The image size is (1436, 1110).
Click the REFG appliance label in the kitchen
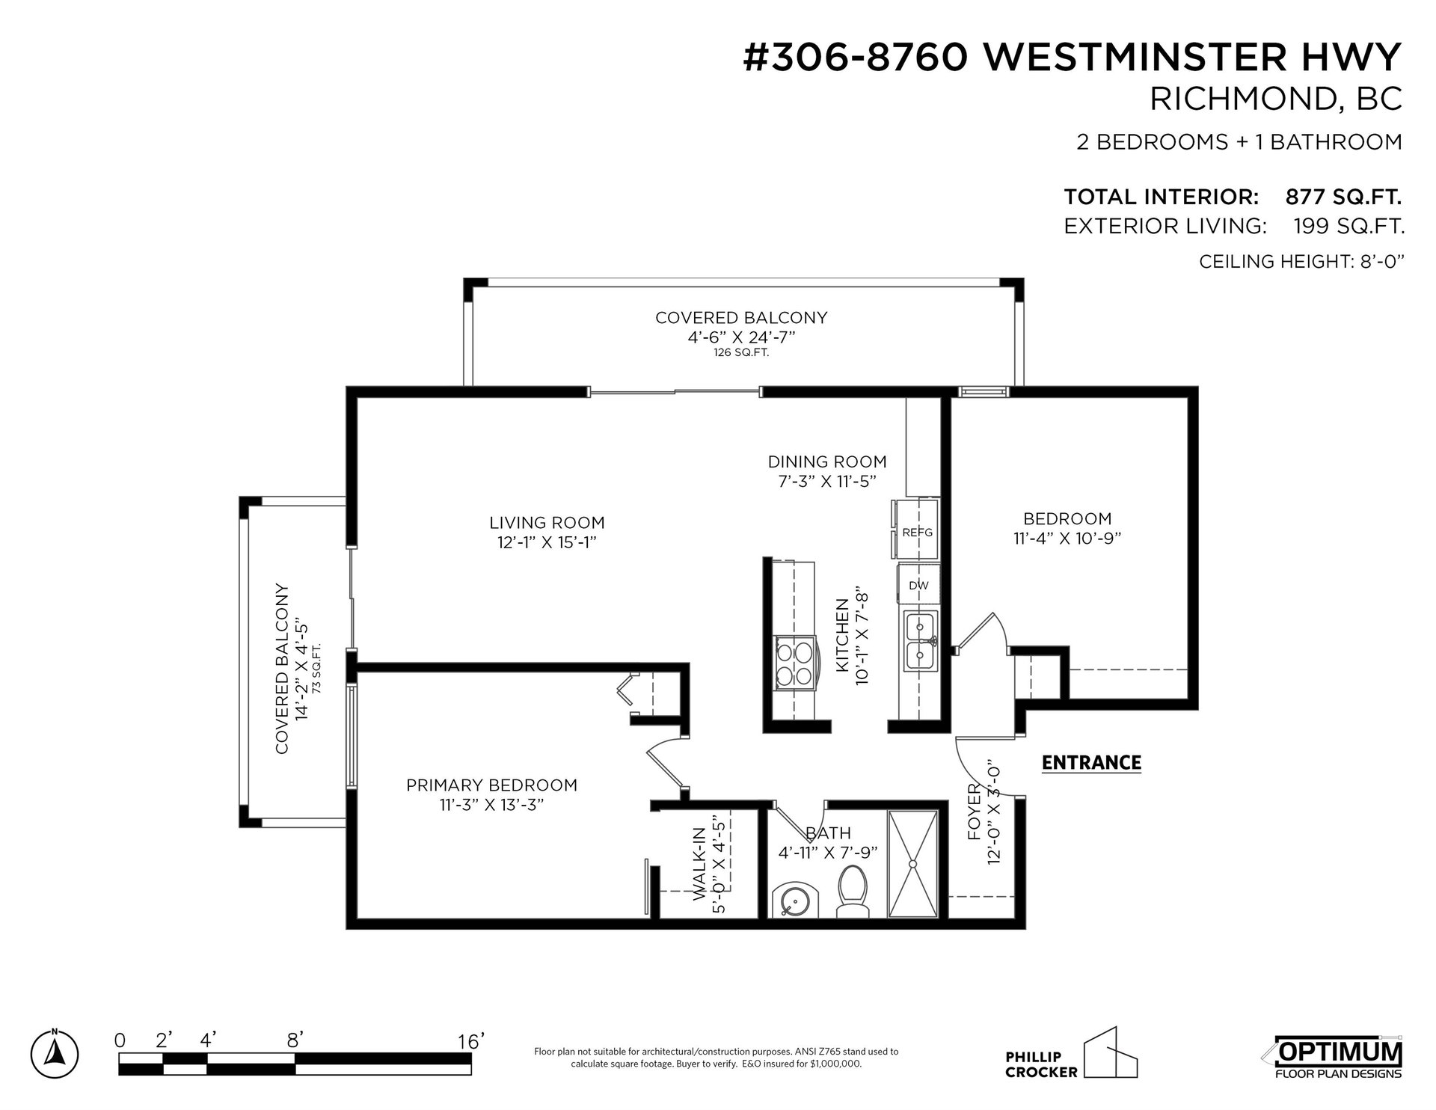point(918,533)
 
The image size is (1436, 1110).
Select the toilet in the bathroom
point(850,892)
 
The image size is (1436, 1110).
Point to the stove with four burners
point(794,661)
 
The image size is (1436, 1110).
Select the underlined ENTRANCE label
point(1091,763)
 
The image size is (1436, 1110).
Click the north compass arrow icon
point(55,1053)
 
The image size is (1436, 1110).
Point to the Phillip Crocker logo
point(1071,1054)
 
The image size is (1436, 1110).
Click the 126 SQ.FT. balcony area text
point(741,353)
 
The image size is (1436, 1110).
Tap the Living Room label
point(547,523)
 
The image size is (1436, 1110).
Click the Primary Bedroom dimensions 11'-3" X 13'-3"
point(491,805)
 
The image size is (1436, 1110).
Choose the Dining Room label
point(827,462)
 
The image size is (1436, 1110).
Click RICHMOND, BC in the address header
point(1275,99)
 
